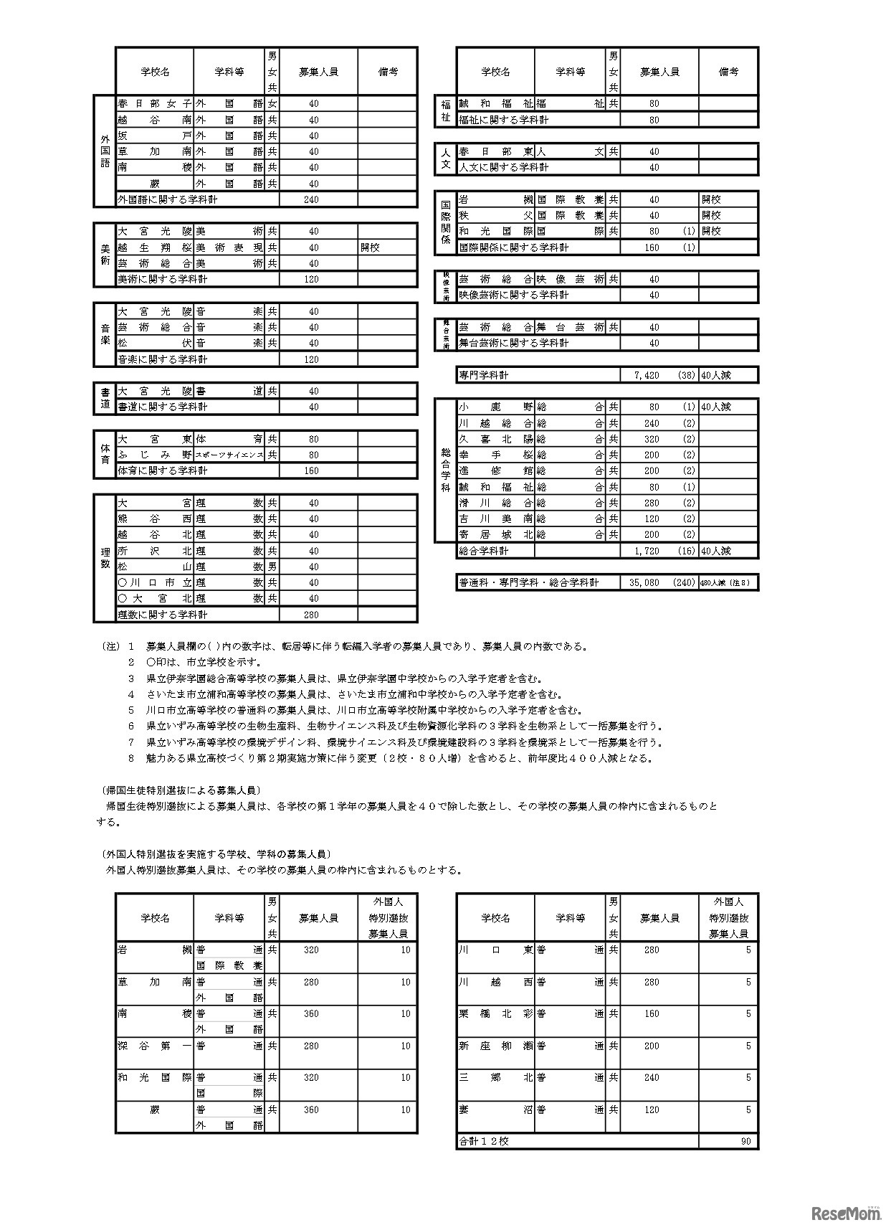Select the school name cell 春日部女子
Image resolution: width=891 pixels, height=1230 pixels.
154,103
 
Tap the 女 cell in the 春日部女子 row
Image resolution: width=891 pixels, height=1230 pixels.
272,103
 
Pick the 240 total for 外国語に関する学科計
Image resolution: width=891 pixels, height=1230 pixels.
311,199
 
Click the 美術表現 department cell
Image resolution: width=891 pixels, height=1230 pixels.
229,247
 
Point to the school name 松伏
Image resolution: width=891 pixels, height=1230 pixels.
154,343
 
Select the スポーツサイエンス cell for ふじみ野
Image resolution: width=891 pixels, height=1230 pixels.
229,455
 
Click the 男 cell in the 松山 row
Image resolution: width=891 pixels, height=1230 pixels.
272,567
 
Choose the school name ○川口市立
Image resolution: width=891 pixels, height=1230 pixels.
154,582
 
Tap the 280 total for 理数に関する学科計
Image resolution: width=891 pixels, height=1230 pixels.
311,615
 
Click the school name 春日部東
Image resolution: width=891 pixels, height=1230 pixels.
495,151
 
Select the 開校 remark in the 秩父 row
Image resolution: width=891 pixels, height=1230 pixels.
712,215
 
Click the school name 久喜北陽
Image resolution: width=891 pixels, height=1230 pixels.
495,439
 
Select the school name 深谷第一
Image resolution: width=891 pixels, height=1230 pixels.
154,1046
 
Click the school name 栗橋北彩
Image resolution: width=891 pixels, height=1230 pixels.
495,1013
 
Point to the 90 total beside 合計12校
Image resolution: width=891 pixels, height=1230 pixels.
745,1141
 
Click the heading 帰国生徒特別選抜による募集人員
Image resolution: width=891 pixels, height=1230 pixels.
180,790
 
